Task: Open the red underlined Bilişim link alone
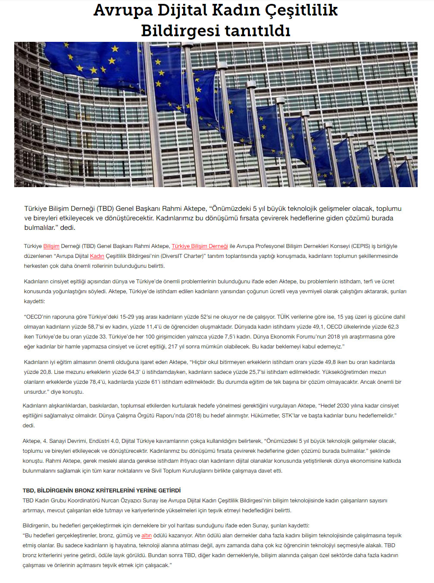(51, 246)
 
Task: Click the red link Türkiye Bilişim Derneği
(200, 246)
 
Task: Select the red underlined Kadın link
(97, 256)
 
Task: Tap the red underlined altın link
(147, 536)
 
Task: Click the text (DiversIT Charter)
(182, 256)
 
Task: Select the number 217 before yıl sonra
(173, 347)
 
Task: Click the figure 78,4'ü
(96, 382)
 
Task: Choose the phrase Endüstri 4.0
(103, 441)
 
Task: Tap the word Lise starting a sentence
(59, 372)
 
